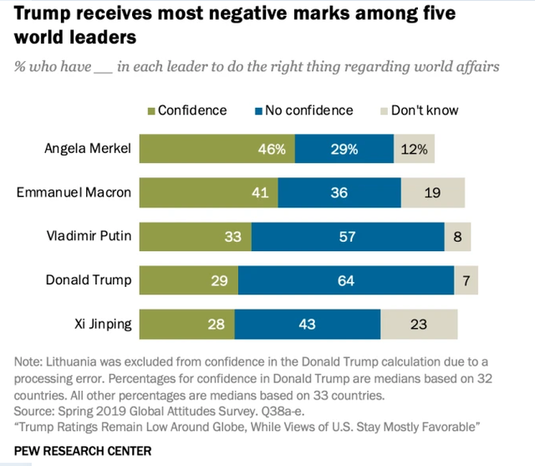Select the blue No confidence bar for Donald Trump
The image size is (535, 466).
(345, 279)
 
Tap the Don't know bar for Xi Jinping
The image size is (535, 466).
(419, 323)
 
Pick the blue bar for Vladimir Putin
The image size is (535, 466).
(347, 236)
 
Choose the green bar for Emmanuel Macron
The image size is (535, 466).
(208, 192)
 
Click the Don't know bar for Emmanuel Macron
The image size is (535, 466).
(432, 192)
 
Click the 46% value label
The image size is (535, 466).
(272, 149)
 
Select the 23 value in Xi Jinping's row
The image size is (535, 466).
(420, 323)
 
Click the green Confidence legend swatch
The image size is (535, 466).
(151, 110)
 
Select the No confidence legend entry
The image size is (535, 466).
(306, 110)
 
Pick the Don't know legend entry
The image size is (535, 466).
(423, 110)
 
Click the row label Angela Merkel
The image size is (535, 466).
(88, 149)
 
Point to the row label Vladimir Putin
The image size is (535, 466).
(89, 236)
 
